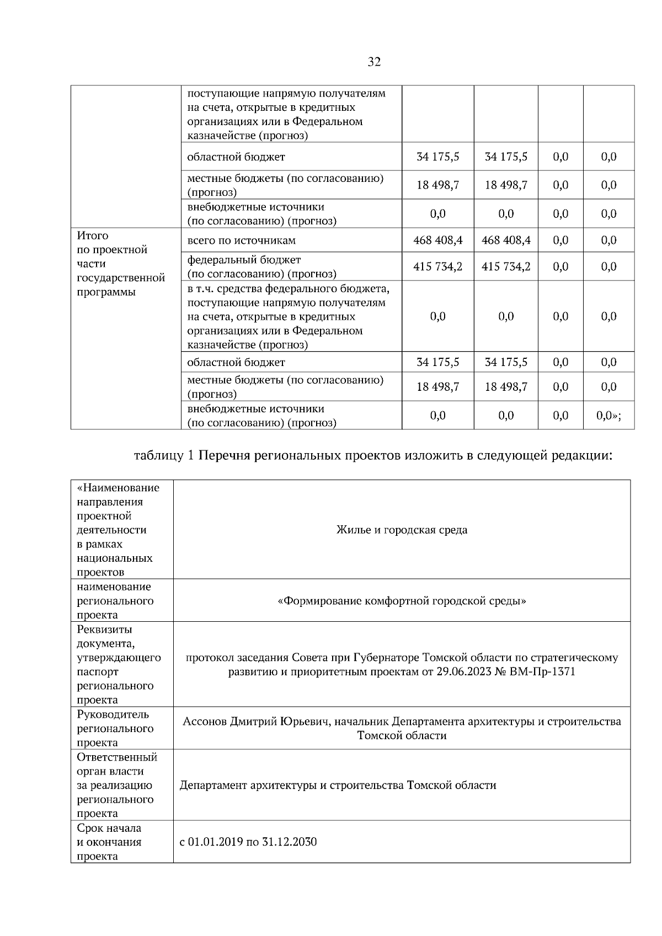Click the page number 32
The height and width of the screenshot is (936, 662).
374,62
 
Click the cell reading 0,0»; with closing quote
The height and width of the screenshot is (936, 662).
608,416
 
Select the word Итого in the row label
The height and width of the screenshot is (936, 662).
93,235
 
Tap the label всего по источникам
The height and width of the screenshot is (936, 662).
242,240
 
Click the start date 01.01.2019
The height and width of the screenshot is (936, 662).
216,842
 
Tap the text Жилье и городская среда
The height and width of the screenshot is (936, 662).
402,530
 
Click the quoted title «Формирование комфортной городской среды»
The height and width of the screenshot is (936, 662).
402,600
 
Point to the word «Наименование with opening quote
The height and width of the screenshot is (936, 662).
118,488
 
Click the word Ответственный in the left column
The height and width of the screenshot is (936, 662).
117,757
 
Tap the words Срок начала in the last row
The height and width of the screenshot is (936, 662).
109,828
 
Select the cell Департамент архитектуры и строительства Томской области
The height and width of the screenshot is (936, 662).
338,785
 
